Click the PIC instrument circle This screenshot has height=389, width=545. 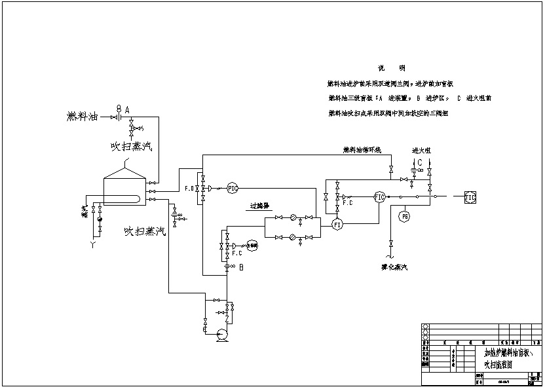tap(233, 188)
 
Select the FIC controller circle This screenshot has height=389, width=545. tap(379, 196)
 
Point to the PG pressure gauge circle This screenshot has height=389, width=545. tap(405, 215)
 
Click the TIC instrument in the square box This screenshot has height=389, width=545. tap(470, 196)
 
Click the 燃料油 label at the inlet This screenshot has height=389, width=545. tap(82, 117)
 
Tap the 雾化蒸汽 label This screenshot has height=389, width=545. tap(394, 267)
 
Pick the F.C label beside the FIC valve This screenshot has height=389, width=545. tap(348, 203)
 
